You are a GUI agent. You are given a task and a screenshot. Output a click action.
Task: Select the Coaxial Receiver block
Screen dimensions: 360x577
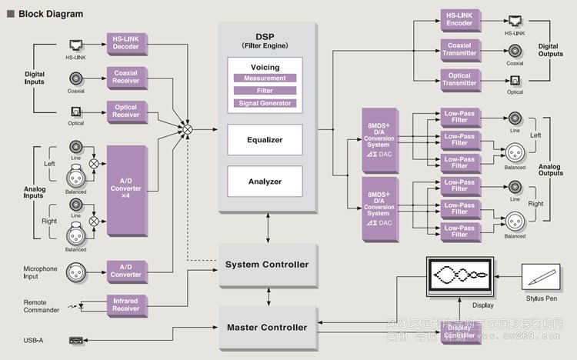(x=125, y=77)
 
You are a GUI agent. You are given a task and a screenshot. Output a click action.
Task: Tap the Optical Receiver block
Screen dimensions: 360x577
(x=125, y=111)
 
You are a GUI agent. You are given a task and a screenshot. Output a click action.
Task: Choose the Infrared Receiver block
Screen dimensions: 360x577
(x=125, y=305)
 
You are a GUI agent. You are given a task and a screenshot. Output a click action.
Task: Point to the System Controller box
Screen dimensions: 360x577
(x=267, y=265)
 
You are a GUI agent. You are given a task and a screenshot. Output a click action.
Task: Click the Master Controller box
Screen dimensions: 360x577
(x=267, y=328)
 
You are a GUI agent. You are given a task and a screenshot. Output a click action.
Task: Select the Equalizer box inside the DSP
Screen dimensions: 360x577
(x=265, y=140)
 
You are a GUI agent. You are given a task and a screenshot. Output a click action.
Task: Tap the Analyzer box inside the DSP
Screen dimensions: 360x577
(x=265, y=182)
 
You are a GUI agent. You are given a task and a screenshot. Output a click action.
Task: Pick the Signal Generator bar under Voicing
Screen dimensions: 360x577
(x=265, y=103)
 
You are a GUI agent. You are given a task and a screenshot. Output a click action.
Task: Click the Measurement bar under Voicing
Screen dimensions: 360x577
(x=265, y=78)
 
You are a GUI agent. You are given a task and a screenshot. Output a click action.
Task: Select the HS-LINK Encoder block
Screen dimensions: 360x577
(x=459, y=19)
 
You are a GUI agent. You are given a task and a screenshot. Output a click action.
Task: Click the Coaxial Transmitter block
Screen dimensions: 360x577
(x=459, y=49)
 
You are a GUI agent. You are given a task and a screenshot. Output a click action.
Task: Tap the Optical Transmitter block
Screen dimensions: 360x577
(x=459, y=78)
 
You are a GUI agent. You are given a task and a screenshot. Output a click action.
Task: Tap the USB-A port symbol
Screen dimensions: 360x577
(x=76, y=339)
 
